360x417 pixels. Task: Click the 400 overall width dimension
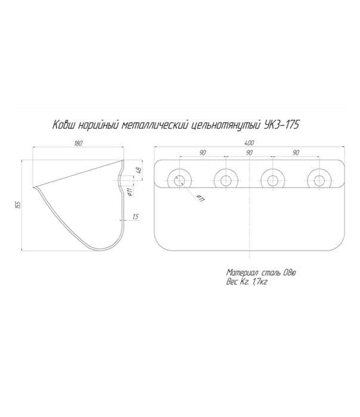click(x=249, y=143)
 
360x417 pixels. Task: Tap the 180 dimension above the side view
click(x=78, y=143)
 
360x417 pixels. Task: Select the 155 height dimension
click(x=18, y=204)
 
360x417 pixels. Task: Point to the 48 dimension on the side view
click(x=138, y=169)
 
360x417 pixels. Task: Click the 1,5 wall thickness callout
click(x=135, y=217)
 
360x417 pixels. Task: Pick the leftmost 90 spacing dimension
click(x=203, y=153)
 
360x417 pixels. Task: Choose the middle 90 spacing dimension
click(x=249, y=153)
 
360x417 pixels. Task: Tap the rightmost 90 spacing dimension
click(x=296, y=153)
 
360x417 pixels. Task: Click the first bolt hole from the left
click(x=179, y=181)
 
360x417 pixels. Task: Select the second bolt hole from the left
click(x=226, y=181)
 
